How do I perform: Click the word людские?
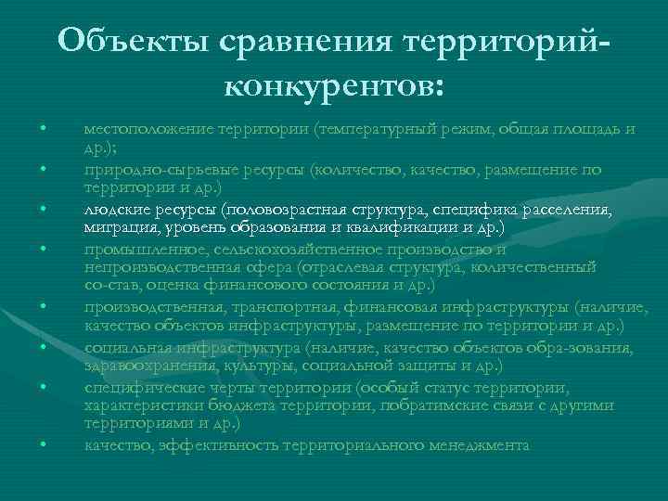[110, 211]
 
